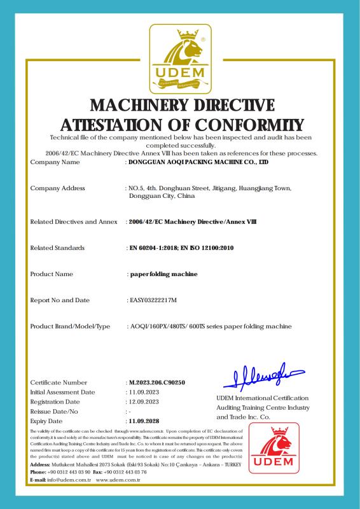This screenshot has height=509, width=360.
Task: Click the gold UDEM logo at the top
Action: (x=180, y=59)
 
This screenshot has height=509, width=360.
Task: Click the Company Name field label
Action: (x=55, y=162)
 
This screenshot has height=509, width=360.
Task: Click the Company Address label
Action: (x=58, y=188)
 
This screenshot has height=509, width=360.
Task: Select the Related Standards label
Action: (x=57, y=248)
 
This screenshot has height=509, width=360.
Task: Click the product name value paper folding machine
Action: (x=163, y=274)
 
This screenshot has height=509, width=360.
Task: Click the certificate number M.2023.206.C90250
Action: (x=156, y=382)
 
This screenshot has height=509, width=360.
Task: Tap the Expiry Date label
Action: (x=46, y=421)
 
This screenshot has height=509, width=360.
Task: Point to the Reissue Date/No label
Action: (x=55, y=412)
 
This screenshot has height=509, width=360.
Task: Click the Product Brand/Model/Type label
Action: (x=71, y=326)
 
